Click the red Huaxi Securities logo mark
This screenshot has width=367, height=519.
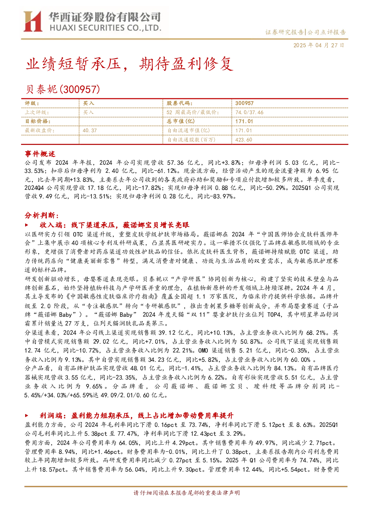coord(33,21)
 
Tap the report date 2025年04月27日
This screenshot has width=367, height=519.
coord(319,45)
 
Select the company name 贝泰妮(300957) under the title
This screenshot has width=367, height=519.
coord(62,89)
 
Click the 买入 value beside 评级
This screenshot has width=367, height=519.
coord(88,103)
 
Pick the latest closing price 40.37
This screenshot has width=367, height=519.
coord(90,130)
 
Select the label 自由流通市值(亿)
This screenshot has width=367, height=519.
coord(188,130)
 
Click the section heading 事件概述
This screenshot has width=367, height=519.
coord(40,154)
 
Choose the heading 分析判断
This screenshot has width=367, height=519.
coord(40,216)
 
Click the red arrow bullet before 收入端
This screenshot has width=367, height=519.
coord(27,225)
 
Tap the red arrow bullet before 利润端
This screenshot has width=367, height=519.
coord(27,415)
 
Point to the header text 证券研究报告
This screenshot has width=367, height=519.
coord(284,32)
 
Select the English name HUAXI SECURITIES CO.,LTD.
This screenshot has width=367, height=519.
coord(105,28)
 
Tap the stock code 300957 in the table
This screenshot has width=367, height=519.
coord(244,103)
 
